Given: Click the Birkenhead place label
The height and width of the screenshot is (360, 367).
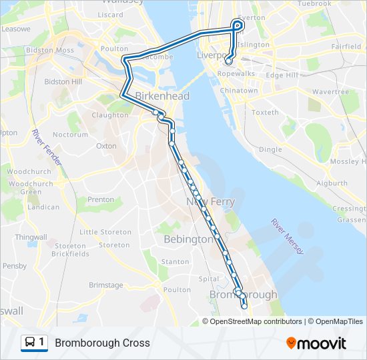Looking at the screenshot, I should coord(162,96).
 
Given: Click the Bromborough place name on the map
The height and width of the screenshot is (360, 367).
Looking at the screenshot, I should coord(243,295).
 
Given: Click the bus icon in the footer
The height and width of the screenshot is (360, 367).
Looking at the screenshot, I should coord(31,343).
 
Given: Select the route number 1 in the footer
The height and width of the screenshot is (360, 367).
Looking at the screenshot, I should coord(43,343).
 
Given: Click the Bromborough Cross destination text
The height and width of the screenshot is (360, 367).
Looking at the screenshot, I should coord(102,343).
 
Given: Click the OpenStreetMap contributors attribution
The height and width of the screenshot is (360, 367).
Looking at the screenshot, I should coord(256,321).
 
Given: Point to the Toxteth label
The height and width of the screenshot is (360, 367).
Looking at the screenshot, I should coord(265,112).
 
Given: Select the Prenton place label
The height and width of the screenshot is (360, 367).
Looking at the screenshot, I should coord(101,199).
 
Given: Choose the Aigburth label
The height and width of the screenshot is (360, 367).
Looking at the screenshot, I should coord(332,183).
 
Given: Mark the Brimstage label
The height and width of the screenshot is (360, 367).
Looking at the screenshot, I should coord(106,285).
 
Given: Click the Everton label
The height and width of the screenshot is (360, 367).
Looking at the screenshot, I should coord(252,17).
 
